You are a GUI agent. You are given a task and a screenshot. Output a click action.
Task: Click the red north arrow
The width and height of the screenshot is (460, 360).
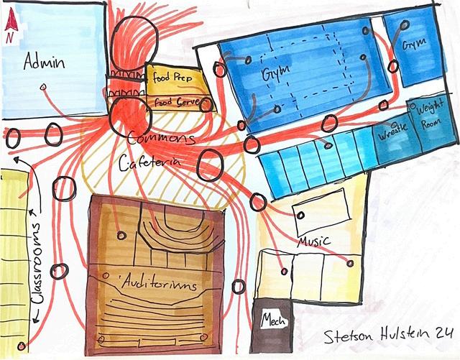click(x=10, y=26)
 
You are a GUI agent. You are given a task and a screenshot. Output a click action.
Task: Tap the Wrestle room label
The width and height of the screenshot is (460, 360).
click(x=389, y=134)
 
